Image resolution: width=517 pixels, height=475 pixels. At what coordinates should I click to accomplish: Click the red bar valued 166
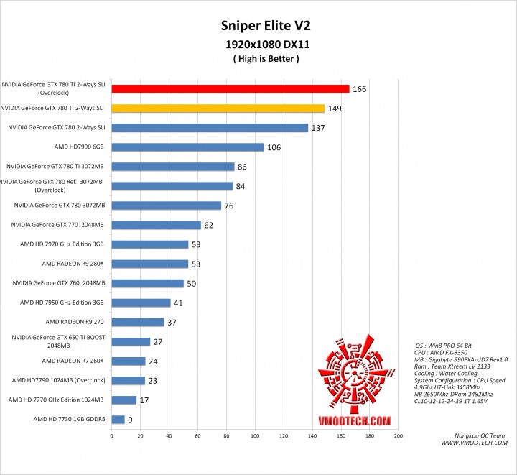(230, 89)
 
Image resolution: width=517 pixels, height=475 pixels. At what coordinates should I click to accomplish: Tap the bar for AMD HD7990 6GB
(187, 147)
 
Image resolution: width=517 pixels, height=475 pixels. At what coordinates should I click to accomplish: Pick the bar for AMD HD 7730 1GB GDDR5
(118, 419)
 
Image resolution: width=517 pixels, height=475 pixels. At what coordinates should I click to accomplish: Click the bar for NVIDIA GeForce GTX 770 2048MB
(156, 225)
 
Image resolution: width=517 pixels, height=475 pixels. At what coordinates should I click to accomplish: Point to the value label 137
(317, 128)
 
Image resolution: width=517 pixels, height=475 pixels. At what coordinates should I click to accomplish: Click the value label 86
(244, 167)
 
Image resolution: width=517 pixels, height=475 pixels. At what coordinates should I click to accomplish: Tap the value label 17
(145, 400)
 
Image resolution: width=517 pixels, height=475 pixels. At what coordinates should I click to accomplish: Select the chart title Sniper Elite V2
(258, 27)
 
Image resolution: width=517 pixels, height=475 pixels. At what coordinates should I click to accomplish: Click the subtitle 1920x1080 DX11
(258, 44)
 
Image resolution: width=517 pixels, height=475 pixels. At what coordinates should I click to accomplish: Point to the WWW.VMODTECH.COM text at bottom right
(475, 443)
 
